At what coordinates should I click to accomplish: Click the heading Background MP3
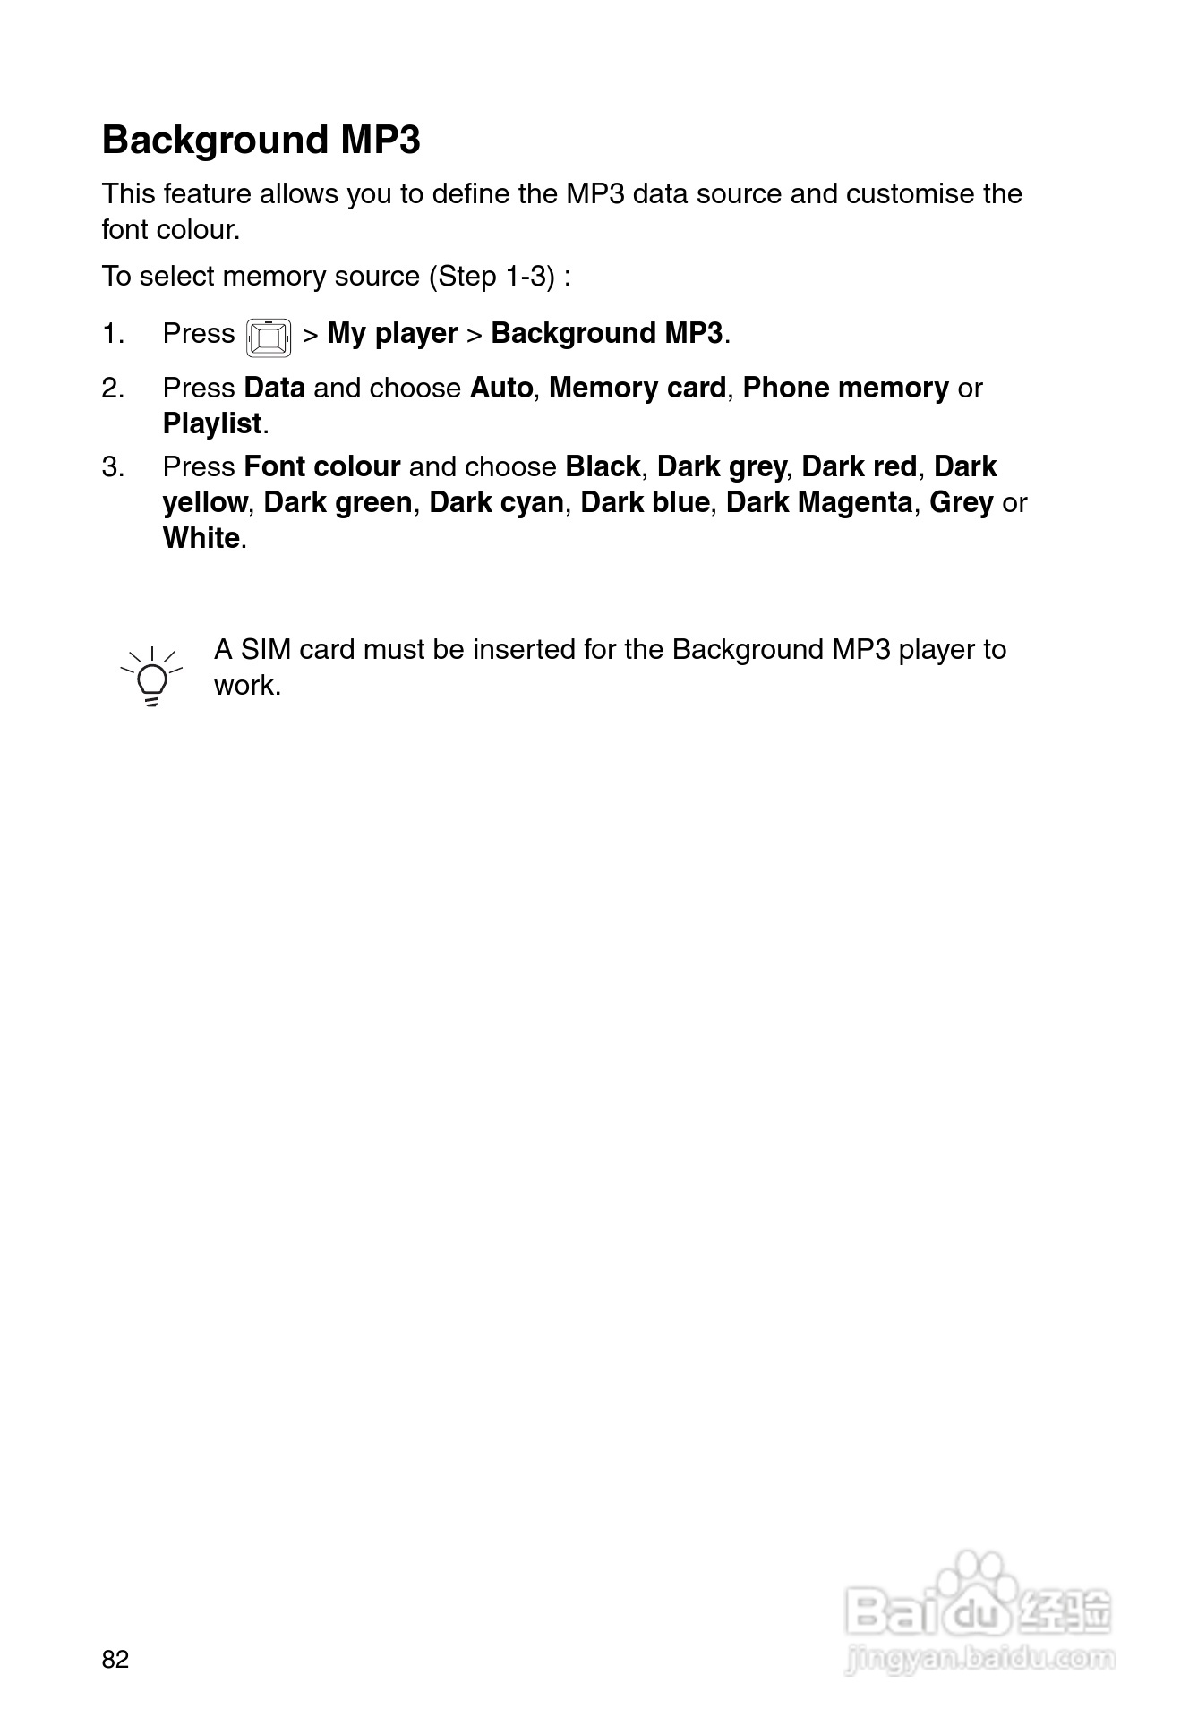[261, 141]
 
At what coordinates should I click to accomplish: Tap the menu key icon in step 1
[269, 338]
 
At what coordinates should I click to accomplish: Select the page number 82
[115, 1659]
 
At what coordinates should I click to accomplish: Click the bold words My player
[392, 334]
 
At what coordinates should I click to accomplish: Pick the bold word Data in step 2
[274, 389]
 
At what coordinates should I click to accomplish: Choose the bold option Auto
[500, 389]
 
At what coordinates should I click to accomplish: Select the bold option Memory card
[637, 389]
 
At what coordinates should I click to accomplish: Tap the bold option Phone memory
[845, 389]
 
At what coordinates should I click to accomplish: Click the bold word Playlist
[212, 423]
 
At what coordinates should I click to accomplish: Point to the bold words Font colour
[321, 467]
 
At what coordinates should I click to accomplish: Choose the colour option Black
[603, 467]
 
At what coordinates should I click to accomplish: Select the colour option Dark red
[859, 467]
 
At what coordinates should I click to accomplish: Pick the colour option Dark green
[338, 503]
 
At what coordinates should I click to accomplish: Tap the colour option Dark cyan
[496, 503]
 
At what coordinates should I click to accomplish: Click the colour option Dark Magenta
[819, 503]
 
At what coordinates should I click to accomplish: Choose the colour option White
[201, 539]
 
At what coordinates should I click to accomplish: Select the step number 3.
[113, 467]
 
